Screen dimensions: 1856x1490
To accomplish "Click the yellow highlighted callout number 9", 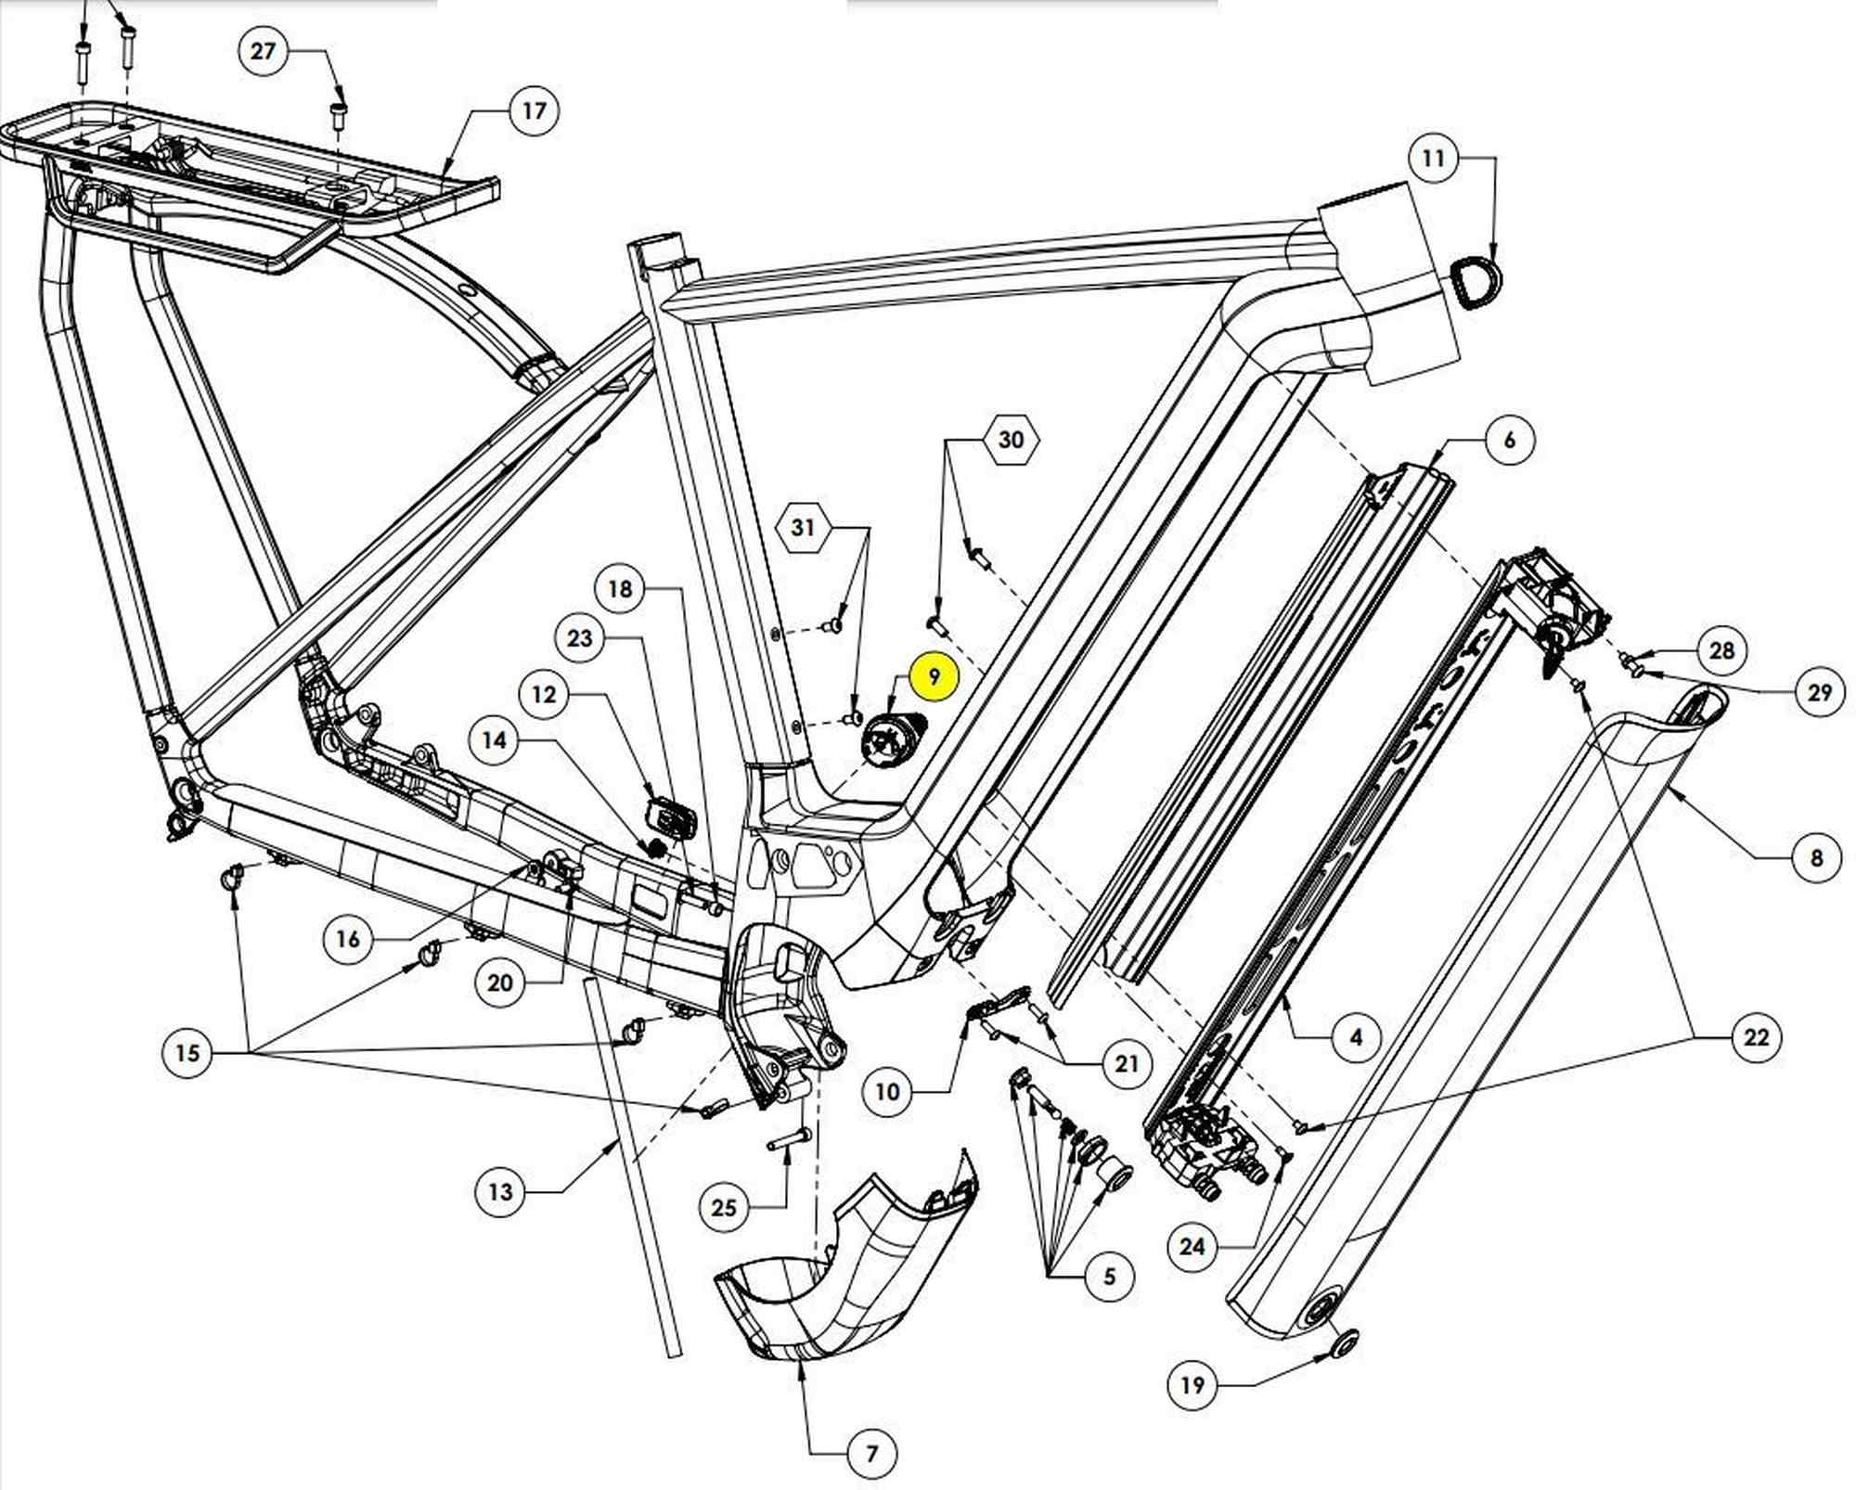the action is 934,676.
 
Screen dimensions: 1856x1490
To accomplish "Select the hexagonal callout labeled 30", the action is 1011,439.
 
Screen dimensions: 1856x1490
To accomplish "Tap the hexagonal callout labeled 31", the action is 804,528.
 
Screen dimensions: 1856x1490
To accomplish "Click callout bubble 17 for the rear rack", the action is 534,111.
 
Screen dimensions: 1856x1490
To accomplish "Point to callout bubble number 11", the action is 1434,159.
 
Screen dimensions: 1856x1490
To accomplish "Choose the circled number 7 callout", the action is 871,1454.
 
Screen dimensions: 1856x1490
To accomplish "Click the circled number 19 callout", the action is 1192,1385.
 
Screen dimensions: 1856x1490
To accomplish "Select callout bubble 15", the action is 187,1053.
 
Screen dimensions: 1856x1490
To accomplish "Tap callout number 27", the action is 264,50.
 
